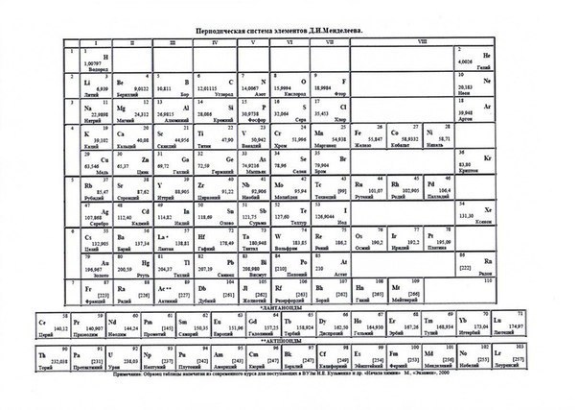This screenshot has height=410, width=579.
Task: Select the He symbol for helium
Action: click(x=486, y=56)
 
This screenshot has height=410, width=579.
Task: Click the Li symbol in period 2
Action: click(x=87, y=83)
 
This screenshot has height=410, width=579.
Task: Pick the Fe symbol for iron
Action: click(x=359, y=132)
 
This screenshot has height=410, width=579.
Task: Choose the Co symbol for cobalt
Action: click(x=397, y=132)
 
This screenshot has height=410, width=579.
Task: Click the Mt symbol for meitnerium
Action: click(x=397, y=287)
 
